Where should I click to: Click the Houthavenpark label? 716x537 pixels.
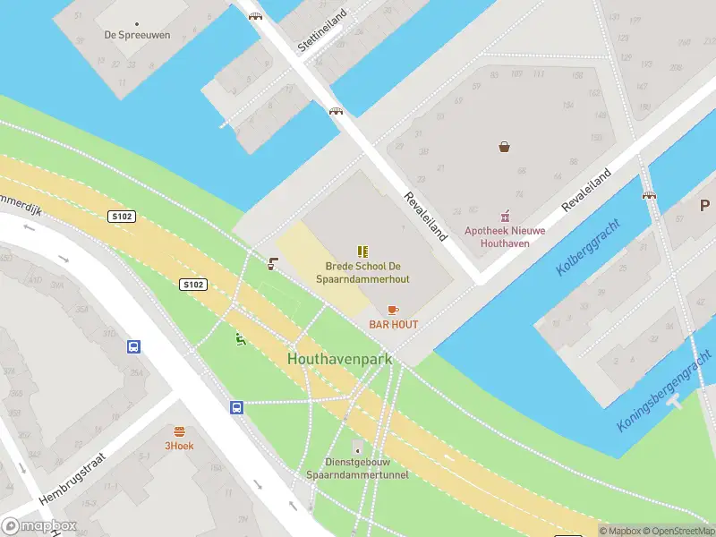coord(340,358)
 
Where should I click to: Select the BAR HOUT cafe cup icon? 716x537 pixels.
coord(393,310)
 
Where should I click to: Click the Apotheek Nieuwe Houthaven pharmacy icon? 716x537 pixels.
coord(505,216)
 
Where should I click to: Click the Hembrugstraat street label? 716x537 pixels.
coord(72,478)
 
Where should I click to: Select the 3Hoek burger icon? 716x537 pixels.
coord(179,430)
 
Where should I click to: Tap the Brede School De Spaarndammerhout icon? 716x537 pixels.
coord(362,252)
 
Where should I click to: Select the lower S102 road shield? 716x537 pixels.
coord(193,285)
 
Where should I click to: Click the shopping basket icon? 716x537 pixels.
coord(505,147)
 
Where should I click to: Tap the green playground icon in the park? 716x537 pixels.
coord(240,338)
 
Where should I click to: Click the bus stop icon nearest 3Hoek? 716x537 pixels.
coord(237,407)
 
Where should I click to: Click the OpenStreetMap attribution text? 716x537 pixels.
coord(681,531)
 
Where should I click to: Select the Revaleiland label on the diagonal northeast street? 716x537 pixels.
coord(585,190)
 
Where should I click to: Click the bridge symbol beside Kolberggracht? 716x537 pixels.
coord(649,192)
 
